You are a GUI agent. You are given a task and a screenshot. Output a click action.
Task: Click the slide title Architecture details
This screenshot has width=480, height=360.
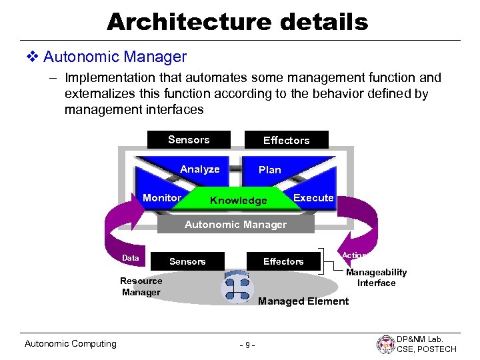click(237, 21)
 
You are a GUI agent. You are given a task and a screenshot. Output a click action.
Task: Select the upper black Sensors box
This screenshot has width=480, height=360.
click(189, 139)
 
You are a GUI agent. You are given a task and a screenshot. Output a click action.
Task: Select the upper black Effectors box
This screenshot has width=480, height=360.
click(286, 140)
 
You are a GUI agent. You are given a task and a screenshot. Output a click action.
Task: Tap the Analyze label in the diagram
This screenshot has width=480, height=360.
click(199, 169)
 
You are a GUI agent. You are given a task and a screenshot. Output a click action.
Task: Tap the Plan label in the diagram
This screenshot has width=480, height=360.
click(270, 170)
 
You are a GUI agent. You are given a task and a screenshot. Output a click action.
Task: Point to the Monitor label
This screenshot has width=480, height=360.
click(162, 197)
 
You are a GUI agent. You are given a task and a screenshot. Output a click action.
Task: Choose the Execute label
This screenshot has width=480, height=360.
click(313, 197)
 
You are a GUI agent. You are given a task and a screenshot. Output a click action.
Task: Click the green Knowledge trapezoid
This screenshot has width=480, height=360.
click(238, 201)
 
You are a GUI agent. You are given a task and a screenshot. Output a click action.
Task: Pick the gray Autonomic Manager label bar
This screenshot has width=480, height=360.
click(235, 225)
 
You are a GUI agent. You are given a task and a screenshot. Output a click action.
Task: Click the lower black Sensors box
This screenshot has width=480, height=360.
click(187, 261)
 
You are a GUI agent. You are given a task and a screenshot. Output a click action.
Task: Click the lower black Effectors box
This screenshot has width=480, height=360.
click(283, 261)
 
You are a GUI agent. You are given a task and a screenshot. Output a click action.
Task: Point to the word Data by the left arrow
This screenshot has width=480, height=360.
click(131, 258)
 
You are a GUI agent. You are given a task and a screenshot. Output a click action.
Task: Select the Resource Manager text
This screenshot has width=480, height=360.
click(141, 287)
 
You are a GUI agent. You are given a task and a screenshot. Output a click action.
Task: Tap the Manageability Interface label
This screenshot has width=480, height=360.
click(376, 278)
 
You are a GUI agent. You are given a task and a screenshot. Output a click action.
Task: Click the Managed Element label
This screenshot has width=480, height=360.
click(303, 301)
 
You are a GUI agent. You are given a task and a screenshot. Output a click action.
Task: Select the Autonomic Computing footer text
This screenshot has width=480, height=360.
click(70, 344)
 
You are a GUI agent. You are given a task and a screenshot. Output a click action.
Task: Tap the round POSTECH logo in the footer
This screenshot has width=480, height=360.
click(386, 344)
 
